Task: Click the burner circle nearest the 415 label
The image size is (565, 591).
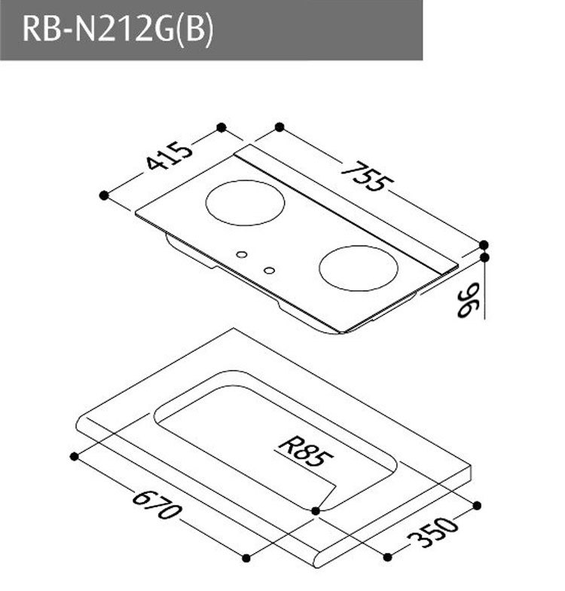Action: (246, 202)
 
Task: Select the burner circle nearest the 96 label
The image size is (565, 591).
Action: (358, 268)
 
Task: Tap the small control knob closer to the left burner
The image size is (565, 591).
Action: (241, 254)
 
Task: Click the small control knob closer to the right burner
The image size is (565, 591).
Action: (269, 269)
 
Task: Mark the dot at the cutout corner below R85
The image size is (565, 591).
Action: (316, 511)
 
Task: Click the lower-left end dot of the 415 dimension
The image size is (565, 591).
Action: (104, 195)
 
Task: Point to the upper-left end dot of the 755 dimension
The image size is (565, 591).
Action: (279, 127)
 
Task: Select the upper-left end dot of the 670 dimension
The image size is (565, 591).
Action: (74, 456)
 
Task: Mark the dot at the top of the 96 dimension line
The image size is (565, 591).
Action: (484, 257)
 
